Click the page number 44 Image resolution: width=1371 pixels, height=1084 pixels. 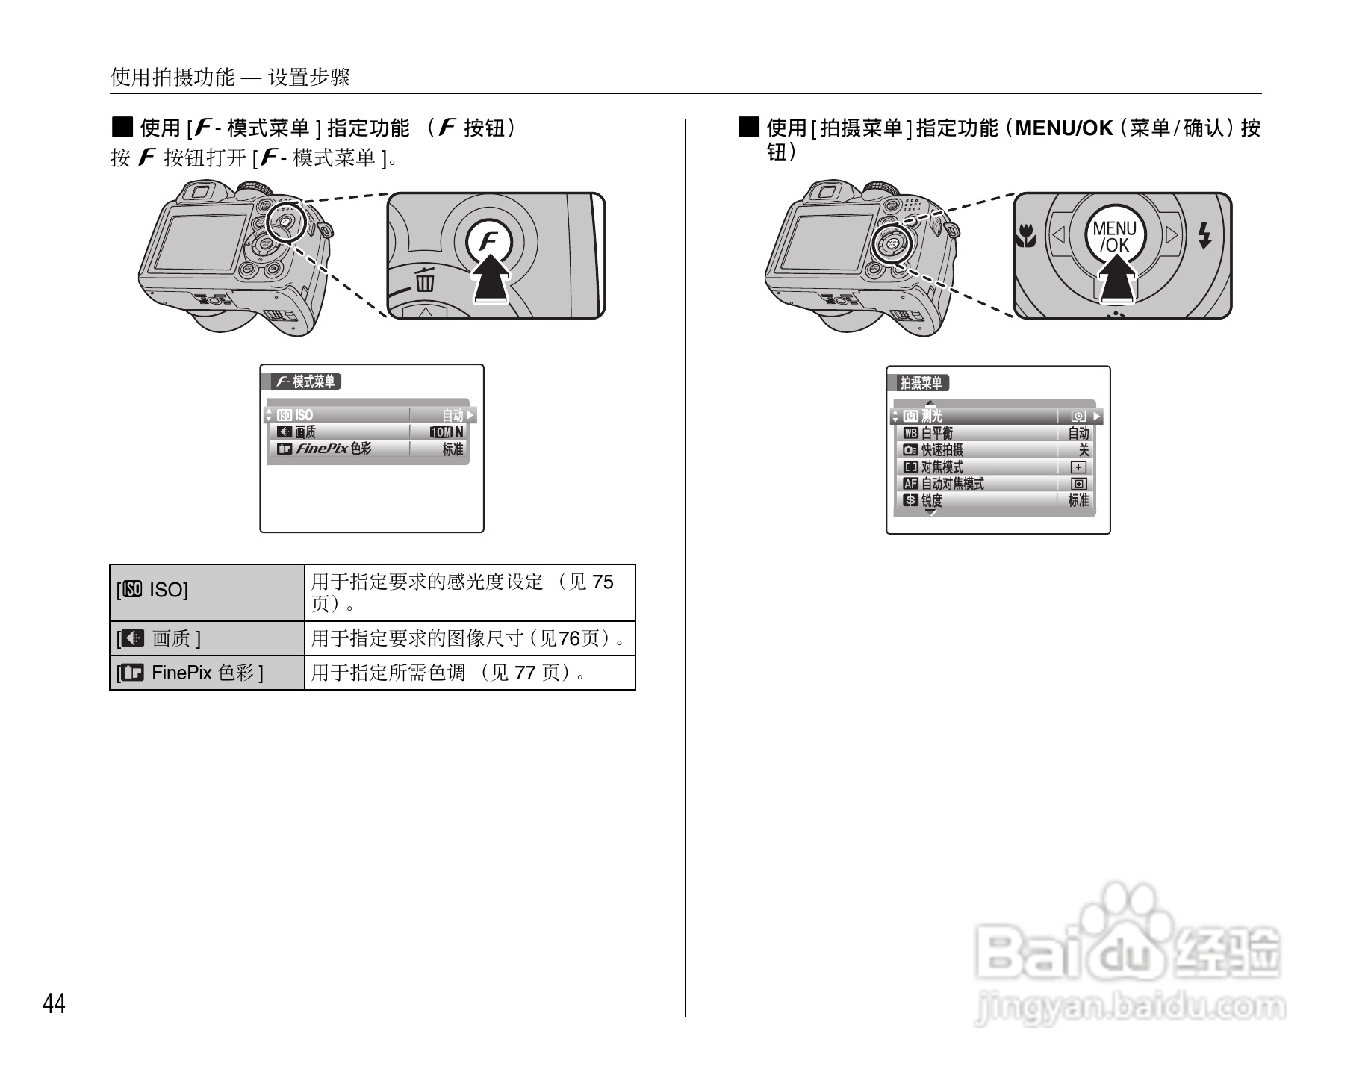point(54,1004)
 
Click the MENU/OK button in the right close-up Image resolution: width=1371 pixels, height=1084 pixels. point(1114,236)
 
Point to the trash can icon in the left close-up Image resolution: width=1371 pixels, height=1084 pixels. point(426,280)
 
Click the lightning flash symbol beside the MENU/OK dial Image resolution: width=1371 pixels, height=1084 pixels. point(1204,236)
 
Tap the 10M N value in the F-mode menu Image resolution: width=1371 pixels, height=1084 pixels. point(447,432)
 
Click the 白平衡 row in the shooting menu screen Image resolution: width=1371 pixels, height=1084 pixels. point(993,433)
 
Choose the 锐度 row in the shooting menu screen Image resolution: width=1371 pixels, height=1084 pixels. point(993,500)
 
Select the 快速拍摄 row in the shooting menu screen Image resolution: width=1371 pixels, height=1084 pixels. point(993,450)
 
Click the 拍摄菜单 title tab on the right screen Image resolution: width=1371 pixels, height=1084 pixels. point(922,383)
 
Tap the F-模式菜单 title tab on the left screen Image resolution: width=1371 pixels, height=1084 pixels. point(305,381)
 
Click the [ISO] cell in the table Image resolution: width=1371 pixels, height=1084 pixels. point(206,591)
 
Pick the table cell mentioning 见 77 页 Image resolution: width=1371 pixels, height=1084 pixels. point(469,673)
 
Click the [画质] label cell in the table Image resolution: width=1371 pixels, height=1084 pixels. point(206,638)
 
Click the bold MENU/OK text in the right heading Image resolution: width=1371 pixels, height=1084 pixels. point(1064,128)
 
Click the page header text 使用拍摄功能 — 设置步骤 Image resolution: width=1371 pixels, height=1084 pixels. point(230,77)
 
